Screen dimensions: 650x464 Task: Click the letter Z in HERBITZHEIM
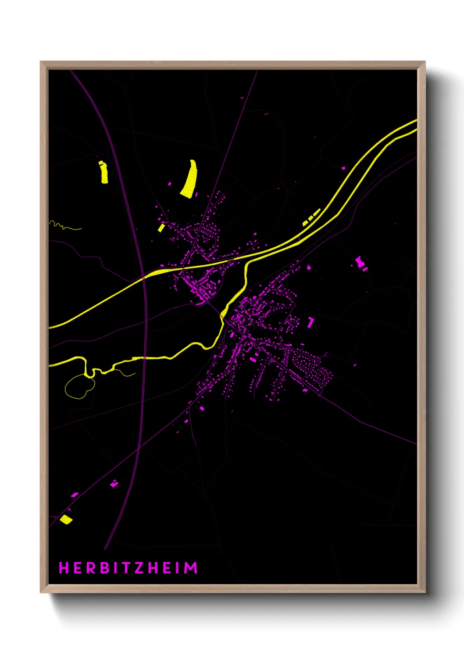(x=138, y=568)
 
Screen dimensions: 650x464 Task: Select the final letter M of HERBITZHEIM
(x=191, y=568)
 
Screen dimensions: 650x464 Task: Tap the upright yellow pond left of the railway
(x=104, y=172)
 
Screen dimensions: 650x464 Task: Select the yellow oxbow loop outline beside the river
(x=79, y=387)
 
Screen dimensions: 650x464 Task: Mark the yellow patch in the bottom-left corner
(x=66, y=520)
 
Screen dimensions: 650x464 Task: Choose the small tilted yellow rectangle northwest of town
(x=161, y=227)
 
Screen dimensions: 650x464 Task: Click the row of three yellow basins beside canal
(x=311, y=217)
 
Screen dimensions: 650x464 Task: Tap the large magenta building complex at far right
(x=360, y=263)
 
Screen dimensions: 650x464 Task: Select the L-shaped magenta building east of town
(x=311, y=322)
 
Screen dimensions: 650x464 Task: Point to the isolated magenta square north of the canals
(x=343, y=168)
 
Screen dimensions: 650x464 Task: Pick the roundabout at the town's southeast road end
(x=320, y=395)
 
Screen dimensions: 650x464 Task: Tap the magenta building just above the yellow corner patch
(x=75, y=495)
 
